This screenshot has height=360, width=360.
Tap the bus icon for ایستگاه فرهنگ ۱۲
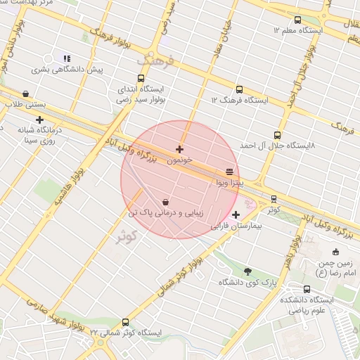click(239, 89)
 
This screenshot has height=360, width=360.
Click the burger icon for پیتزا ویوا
click(229, 171)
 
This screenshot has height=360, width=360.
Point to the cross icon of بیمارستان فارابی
click(235, 214)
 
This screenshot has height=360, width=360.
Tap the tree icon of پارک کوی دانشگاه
click(247, 271)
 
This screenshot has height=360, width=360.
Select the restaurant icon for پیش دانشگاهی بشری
click(67, 58)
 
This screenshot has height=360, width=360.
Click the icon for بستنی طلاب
click(26, 94)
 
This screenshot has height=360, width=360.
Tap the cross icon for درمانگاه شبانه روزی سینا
click(39, 120)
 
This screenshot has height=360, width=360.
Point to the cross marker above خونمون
click(180, 149)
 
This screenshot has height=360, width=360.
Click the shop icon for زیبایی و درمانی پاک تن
click(165, 200)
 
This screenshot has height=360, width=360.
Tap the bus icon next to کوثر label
click(274, 198)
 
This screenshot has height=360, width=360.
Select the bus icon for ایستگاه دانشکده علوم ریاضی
click(307, 288)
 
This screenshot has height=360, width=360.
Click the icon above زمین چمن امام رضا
click(335, 251)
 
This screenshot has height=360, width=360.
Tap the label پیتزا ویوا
click(230, 183)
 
